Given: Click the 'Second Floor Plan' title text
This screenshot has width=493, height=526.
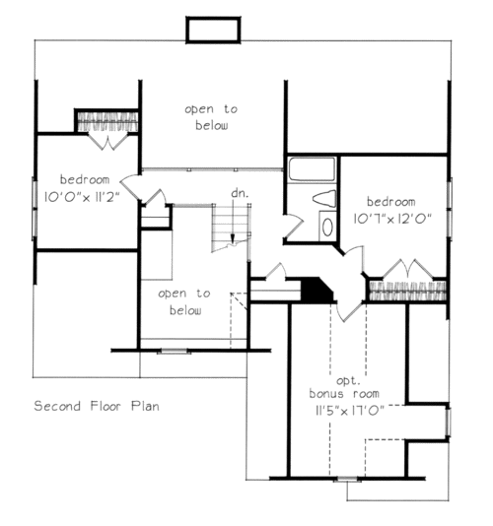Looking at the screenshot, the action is coord(97,406).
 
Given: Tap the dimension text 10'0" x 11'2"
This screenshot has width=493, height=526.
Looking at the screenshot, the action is coord(82,197).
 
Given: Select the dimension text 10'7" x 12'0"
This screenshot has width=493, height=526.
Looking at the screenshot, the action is coord(391,219).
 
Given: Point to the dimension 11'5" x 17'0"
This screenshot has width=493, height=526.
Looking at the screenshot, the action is coord(349,411).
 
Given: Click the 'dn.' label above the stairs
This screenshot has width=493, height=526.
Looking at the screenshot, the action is coord(240,193).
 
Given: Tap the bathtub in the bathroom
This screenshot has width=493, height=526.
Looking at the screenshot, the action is coord(312,169).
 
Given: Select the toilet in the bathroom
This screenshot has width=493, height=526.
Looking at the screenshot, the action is coord(324,199).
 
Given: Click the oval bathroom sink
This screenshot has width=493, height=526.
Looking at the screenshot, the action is coord(327,228).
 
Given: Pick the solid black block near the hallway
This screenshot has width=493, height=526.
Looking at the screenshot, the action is coord(317,290).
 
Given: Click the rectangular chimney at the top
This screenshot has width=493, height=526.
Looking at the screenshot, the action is coord(213,30).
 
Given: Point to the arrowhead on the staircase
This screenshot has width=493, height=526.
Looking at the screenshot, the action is coord(233,237).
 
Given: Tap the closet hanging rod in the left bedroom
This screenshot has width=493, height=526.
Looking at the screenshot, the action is coord(107,121).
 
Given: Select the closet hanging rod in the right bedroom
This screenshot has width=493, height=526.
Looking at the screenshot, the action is coord(407,292).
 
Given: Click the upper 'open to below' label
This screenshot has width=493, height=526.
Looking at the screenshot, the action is coord(211,117).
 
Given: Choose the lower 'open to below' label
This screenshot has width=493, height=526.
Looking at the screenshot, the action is coord(184,301).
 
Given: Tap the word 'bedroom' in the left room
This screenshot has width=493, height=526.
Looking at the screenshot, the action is coord(85,179).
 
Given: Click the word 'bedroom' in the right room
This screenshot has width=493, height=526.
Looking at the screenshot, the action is coord(390,202).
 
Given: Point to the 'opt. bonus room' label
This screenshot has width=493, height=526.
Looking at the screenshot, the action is coord(344,387).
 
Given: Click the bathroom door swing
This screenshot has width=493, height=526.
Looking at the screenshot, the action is coord(294,227).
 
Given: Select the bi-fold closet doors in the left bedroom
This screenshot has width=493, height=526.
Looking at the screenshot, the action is coord(108,141).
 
